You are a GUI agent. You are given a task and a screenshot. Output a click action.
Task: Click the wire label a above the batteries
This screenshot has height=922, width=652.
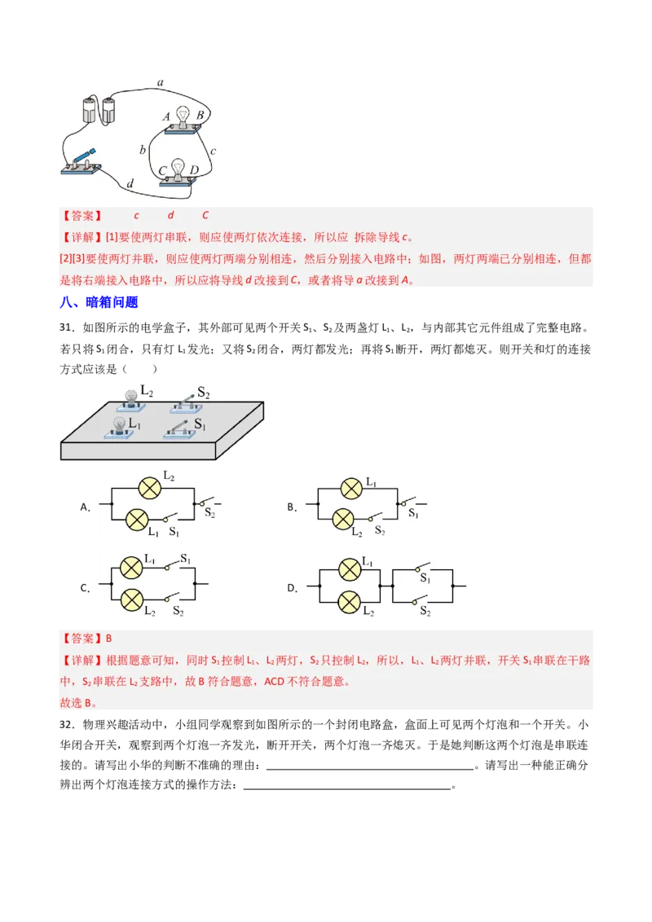160,82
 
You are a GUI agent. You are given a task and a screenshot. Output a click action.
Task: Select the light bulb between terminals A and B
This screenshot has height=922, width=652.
183,116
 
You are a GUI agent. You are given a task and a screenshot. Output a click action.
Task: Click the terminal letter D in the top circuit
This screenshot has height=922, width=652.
194,169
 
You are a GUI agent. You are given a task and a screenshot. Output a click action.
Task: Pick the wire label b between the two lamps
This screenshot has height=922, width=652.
143,149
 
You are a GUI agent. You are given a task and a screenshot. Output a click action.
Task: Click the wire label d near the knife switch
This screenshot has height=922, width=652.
130,184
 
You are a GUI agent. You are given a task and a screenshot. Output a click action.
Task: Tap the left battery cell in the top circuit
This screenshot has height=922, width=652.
89,109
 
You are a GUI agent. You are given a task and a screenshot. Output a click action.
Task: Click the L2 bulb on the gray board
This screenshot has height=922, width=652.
130,397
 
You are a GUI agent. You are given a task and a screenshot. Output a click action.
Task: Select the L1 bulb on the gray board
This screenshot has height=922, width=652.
120,425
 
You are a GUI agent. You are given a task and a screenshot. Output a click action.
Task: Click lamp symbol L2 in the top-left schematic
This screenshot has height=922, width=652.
148,488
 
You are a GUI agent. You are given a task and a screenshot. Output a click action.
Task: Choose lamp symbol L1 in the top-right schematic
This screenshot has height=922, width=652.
351,489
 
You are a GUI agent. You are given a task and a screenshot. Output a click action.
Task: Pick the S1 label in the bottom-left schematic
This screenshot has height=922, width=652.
186,559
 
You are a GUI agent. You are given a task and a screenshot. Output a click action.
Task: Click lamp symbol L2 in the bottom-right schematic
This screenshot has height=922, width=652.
350,602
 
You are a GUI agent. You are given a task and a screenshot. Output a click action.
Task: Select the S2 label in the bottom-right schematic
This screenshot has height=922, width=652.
425,610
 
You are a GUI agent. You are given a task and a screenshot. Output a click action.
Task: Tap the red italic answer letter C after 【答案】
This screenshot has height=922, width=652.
205,215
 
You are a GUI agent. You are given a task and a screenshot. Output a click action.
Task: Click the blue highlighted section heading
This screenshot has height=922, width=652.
101,303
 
